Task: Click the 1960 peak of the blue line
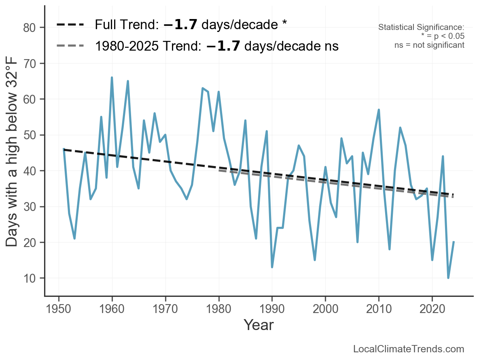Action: pos(112,78)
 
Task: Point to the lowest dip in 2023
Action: pos(448,278)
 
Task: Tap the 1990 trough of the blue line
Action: pos(272,267)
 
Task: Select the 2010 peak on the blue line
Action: pos(379,110)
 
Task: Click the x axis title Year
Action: pos(259,325)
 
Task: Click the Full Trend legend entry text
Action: pos(191,25)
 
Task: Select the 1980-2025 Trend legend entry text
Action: pos(216,46)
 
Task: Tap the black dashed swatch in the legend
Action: pos(70,25)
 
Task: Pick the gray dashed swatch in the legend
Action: pos(70,46)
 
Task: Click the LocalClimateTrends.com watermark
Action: pos(409,349)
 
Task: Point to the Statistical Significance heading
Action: pos(421,28)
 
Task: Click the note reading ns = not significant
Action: pos(429,45)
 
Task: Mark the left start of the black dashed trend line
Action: pos(64,149)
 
